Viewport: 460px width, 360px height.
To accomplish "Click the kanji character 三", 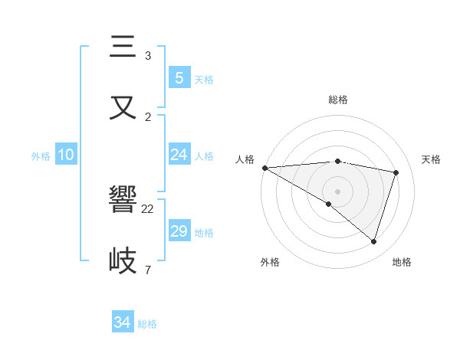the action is (123, 47).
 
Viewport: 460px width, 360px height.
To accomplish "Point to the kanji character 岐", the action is (123, 260).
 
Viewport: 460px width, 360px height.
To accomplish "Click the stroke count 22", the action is (148, 209).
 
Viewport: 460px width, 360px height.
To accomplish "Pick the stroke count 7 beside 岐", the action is (147, 270).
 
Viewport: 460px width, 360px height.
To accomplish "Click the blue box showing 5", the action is (179, 77).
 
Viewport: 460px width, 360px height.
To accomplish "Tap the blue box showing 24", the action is (179, 155).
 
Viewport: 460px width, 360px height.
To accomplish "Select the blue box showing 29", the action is (179, 231).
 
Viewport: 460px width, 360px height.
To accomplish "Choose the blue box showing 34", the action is (123, 322).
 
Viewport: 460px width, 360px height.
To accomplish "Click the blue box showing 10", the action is (66, 155).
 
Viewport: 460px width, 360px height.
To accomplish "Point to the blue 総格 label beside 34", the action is (147, 324).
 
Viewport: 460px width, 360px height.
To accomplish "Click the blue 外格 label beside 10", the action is (41, 155).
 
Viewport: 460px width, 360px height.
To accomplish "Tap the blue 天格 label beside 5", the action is (204, 79).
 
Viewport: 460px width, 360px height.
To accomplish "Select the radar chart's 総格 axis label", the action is (337, 100).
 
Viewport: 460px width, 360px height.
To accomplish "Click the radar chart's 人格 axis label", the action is (245, 159).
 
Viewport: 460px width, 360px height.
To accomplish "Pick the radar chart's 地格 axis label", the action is (402, 262).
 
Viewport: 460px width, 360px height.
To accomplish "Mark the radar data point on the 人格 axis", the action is (264, 168).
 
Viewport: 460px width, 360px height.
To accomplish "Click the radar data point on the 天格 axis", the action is (396, 172).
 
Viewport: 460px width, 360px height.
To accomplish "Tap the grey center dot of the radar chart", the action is (337, 191).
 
